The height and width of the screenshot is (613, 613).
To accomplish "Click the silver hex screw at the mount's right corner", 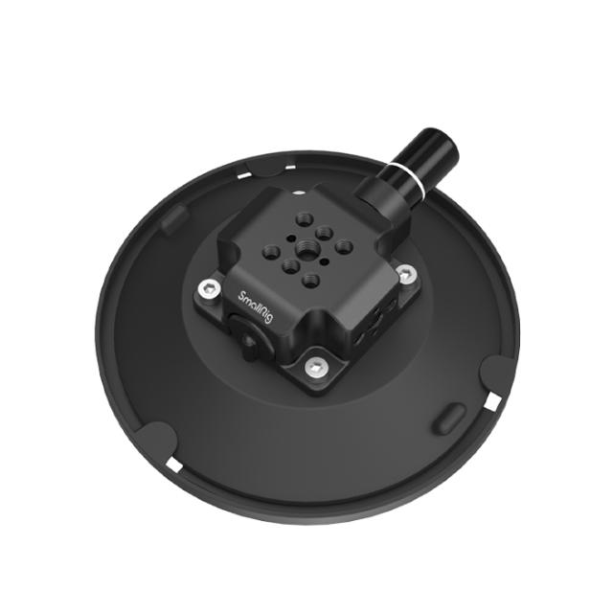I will (406, 276).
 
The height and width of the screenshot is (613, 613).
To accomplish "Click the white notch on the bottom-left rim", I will (173, 464).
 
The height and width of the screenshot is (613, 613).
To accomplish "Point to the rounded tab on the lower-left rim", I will (152, 440).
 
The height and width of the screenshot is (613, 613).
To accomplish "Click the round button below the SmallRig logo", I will (248, 340).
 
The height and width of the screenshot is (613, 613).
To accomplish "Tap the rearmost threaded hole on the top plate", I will (304, 215).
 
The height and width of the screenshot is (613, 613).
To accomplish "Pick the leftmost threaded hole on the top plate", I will (269, 248).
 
